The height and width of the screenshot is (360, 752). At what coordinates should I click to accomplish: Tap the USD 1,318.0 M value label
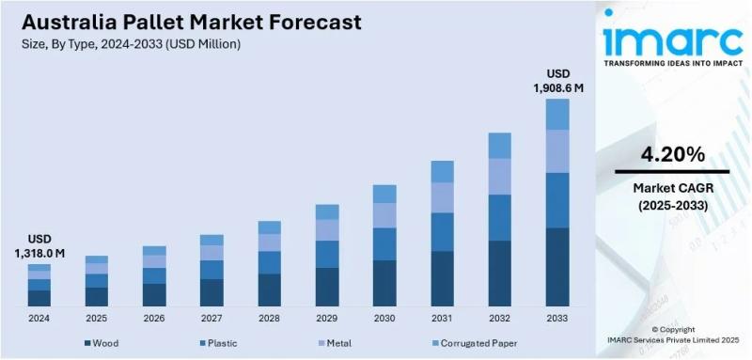point(39,246)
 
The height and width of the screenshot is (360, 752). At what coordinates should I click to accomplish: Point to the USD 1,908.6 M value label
point(557,81)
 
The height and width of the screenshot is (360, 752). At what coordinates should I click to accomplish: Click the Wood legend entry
point(102,343)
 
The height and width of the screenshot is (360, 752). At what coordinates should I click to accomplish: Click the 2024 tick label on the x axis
point(39,320)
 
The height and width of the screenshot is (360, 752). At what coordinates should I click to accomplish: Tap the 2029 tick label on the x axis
point(327,320)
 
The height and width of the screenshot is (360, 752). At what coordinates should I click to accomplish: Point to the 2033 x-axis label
point(557,320)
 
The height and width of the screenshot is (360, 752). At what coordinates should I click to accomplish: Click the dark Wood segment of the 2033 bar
point(557,267)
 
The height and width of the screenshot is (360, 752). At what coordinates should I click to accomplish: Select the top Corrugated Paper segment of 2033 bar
point(557,114)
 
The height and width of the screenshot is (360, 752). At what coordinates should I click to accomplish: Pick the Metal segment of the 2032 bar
point(500,176)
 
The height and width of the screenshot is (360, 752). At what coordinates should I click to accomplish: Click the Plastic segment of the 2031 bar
point(442,231)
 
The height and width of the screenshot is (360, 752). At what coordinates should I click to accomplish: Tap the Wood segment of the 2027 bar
point(211,292)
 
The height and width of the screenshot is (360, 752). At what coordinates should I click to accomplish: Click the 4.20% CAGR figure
point(671,153)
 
